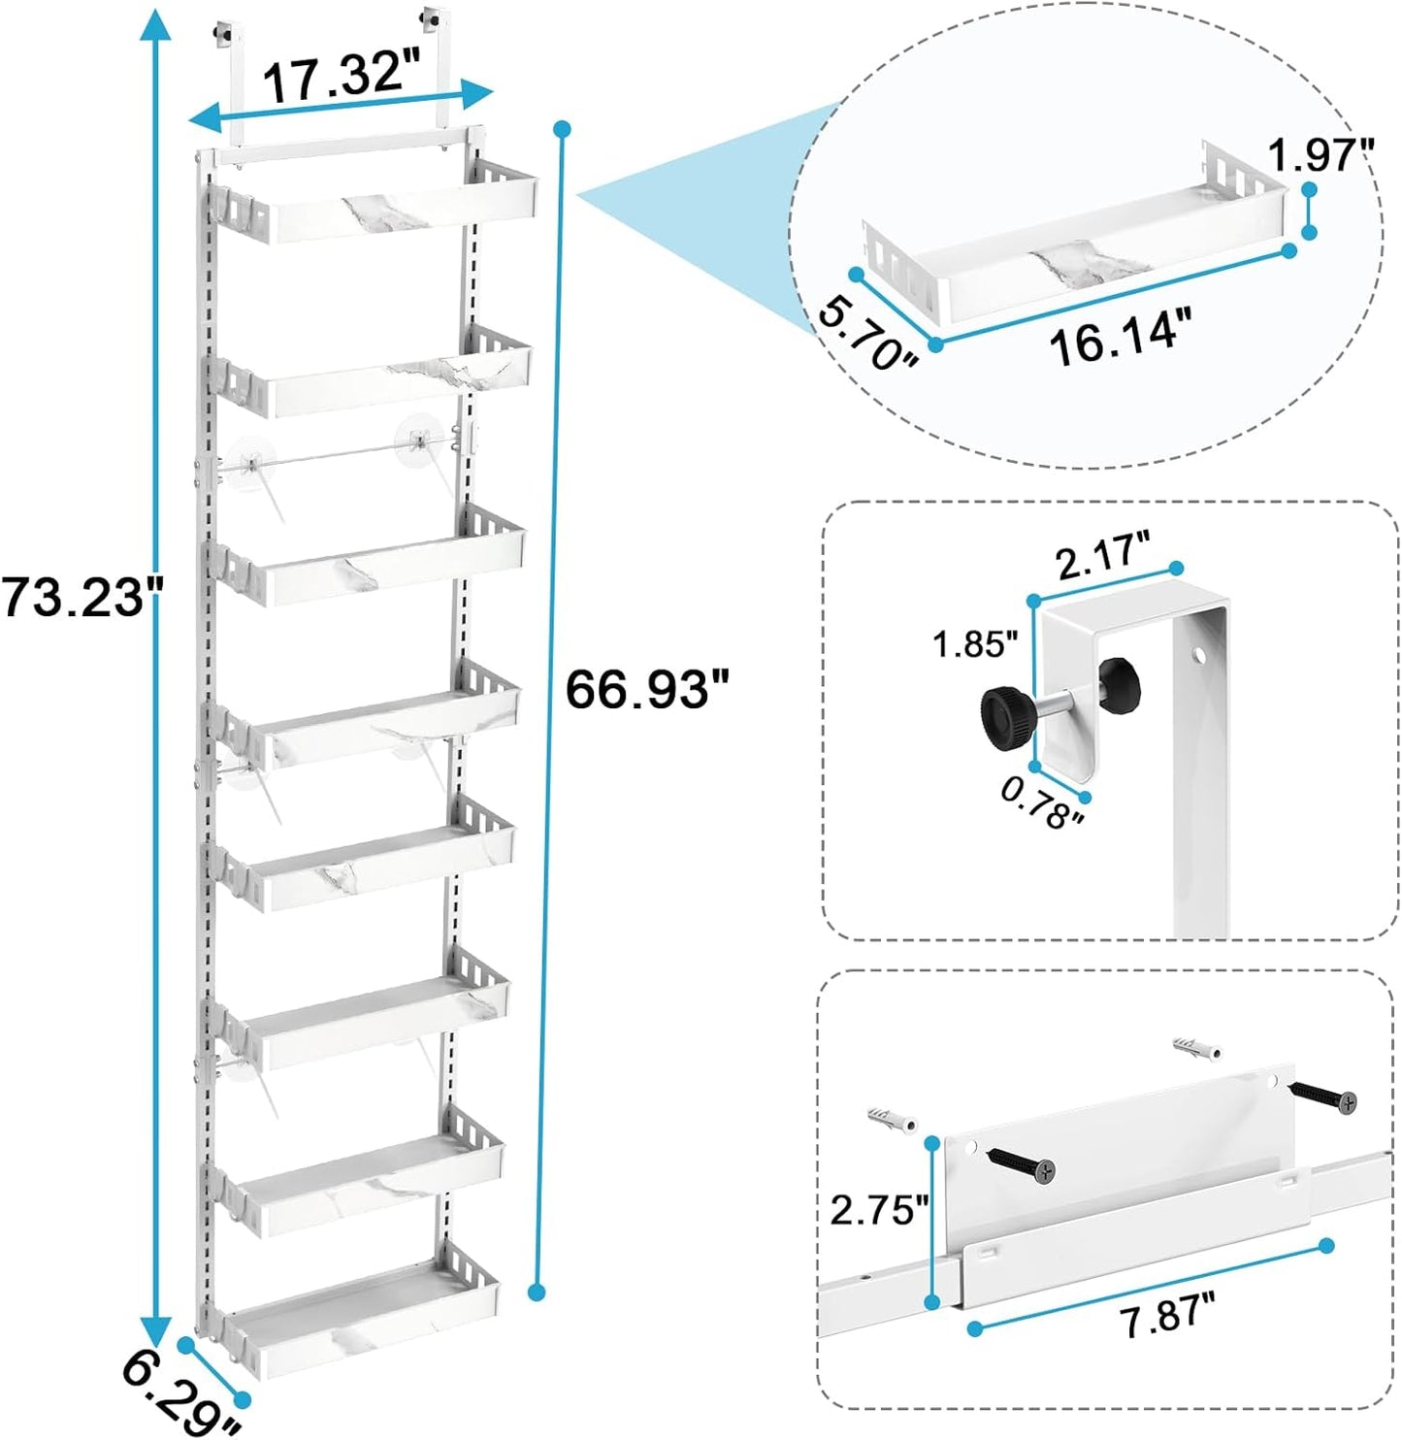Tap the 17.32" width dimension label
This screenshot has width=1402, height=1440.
(334, 77)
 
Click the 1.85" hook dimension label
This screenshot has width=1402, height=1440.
(974, 643)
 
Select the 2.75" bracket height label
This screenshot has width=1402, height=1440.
(878, 1210)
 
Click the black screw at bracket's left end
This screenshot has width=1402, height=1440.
(1021, 1164)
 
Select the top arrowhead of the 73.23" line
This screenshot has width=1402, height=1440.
(149, 21)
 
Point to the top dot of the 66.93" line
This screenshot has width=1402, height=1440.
(562, 129)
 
